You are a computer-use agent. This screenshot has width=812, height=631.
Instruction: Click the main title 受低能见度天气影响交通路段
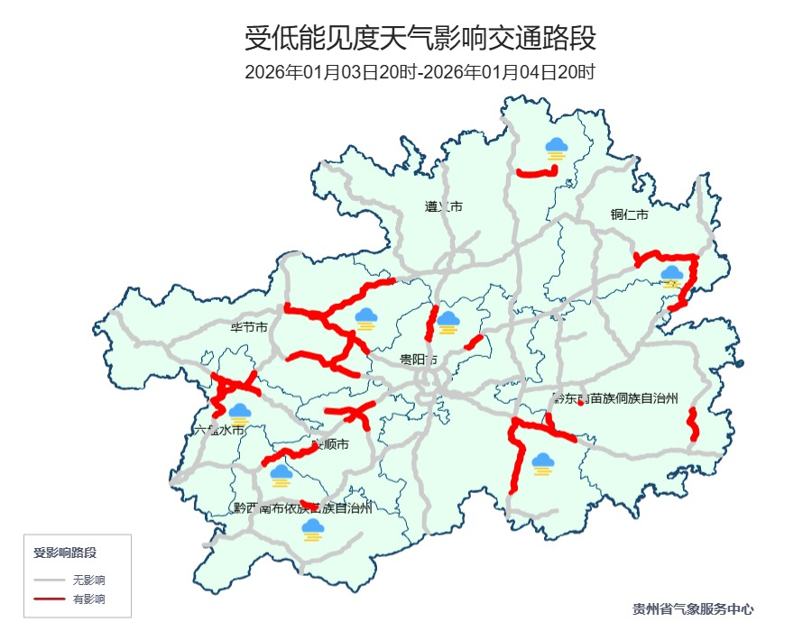pyautogui.click(x=420, y=39)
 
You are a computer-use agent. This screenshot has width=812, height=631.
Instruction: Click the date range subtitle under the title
pyautogui.click(x=420, y=73)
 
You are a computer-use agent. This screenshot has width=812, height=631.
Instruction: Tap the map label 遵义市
pyautogui.click(x=443, y=206)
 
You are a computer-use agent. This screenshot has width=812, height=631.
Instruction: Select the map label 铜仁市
pyautogui.click(x=629, y=215)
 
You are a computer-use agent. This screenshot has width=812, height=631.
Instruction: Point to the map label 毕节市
pyautogui.click(x=249, y=327)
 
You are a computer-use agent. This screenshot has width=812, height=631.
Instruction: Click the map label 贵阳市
pyautogui.click(x=419, y=360)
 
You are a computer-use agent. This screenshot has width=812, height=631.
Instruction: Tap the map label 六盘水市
pyautogui.click(x=220, y=430)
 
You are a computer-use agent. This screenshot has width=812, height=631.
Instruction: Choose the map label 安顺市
pyautogui.click(x=329, y=445)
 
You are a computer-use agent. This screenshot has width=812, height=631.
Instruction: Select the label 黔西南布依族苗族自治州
pyautogui.click(x=302, y=508)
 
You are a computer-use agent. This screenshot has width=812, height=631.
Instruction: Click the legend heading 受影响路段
pyautogui.click(x=65, y=552)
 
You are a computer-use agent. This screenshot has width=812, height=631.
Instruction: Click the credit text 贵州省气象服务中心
pyautogui.click(x=693, y=609)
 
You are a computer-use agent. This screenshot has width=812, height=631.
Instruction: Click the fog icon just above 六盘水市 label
pyautogui.click(x=239, y=415)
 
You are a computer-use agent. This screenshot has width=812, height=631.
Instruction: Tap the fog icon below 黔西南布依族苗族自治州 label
pyautogui.click(x=313, y=529)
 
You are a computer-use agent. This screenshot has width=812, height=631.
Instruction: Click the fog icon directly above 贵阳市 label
pyautogui.click(x=448, y=322)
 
